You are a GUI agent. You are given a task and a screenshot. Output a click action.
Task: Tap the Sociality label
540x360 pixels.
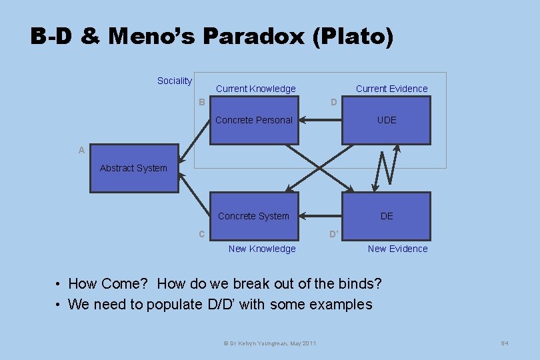[x=174, y=81]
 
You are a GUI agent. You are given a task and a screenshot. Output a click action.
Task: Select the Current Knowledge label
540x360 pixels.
[x=255, y=89]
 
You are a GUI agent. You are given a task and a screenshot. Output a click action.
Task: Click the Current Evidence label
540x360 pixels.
[x=391, y=89]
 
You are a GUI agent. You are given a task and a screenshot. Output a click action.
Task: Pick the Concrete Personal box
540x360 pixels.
[x=254, y=120]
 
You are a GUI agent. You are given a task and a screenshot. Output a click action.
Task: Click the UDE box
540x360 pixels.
[x=387, y=120]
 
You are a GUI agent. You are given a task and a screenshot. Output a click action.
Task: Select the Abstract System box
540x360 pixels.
[x=134, y=168]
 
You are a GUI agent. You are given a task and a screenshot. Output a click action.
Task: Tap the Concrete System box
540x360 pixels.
[x=254, y=216]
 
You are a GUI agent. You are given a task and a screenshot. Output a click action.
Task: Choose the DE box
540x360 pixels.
[x=387, y=216]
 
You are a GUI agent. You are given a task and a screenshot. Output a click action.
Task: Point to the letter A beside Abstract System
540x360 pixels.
[x=81, y=151]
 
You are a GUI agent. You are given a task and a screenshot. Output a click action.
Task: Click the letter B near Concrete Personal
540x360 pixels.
[x=201, y=102]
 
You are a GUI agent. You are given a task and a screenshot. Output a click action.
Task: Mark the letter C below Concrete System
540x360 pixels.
[x=201, y=234]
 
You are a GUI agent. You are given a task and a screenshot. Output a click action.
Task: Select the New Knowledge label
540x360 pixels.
[x=262, y=249]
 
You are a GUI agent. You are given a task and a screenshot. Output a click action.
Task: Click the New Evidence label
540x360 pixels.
[x=398, y=249]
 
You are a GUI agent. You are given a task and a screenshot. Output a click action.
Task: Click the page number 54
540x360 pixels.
[x=505, y=343]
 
